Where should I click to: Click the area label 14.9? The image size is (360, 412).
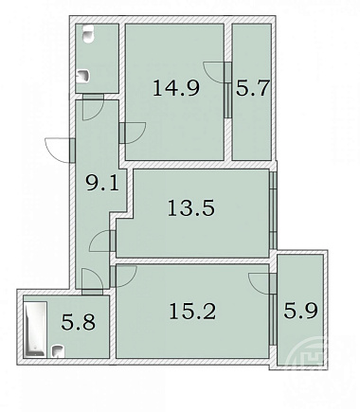pyautogui.click(x=176, y=88)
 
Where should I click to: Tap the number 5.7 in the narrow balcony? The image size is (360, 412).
pyautogui.click(x=252, y=88)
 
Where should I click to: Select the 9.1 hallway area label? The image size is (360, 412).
pyautogui.click(x=102, y=183)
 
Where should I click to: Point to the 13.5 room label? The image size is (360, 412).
pyautogui.click(x=191, y=207)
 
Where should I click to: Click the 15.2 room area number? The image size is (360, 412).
pyautogui.click(x=192, y=311)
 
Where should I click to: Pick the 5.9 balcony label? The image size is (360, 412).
pyautogui.click(x=300, y=311)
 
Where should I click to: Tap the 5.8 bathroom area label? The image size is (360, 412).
pyautogui.click(x=78, y=322)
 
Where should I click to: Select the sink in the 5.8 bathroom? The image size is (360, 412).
pyautogui.click(x=58, y=351)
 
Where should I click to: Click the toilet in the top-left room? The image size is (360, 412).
pyautogui.click(x=88, y=34)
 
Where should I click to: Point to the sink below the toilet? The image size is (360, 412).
pyautogui.click(x=83, y=76)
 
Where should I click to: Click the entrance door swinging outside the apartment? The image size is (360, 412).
pyautogui.click(x=61, y=150)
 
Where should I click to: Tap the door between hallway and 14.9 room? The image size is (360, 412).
pyautogui.click(x=133, y=133)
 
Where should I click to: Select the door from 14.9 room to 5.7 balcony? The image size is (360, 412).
pyautogui.click(x=217, y=73)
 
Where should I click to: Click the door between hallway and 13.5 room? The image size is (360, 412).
pyautogui.click(x=102, y=241)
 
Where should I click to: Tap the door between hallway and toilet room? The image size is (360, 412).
pyautogui.click(x=93, y=107)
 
